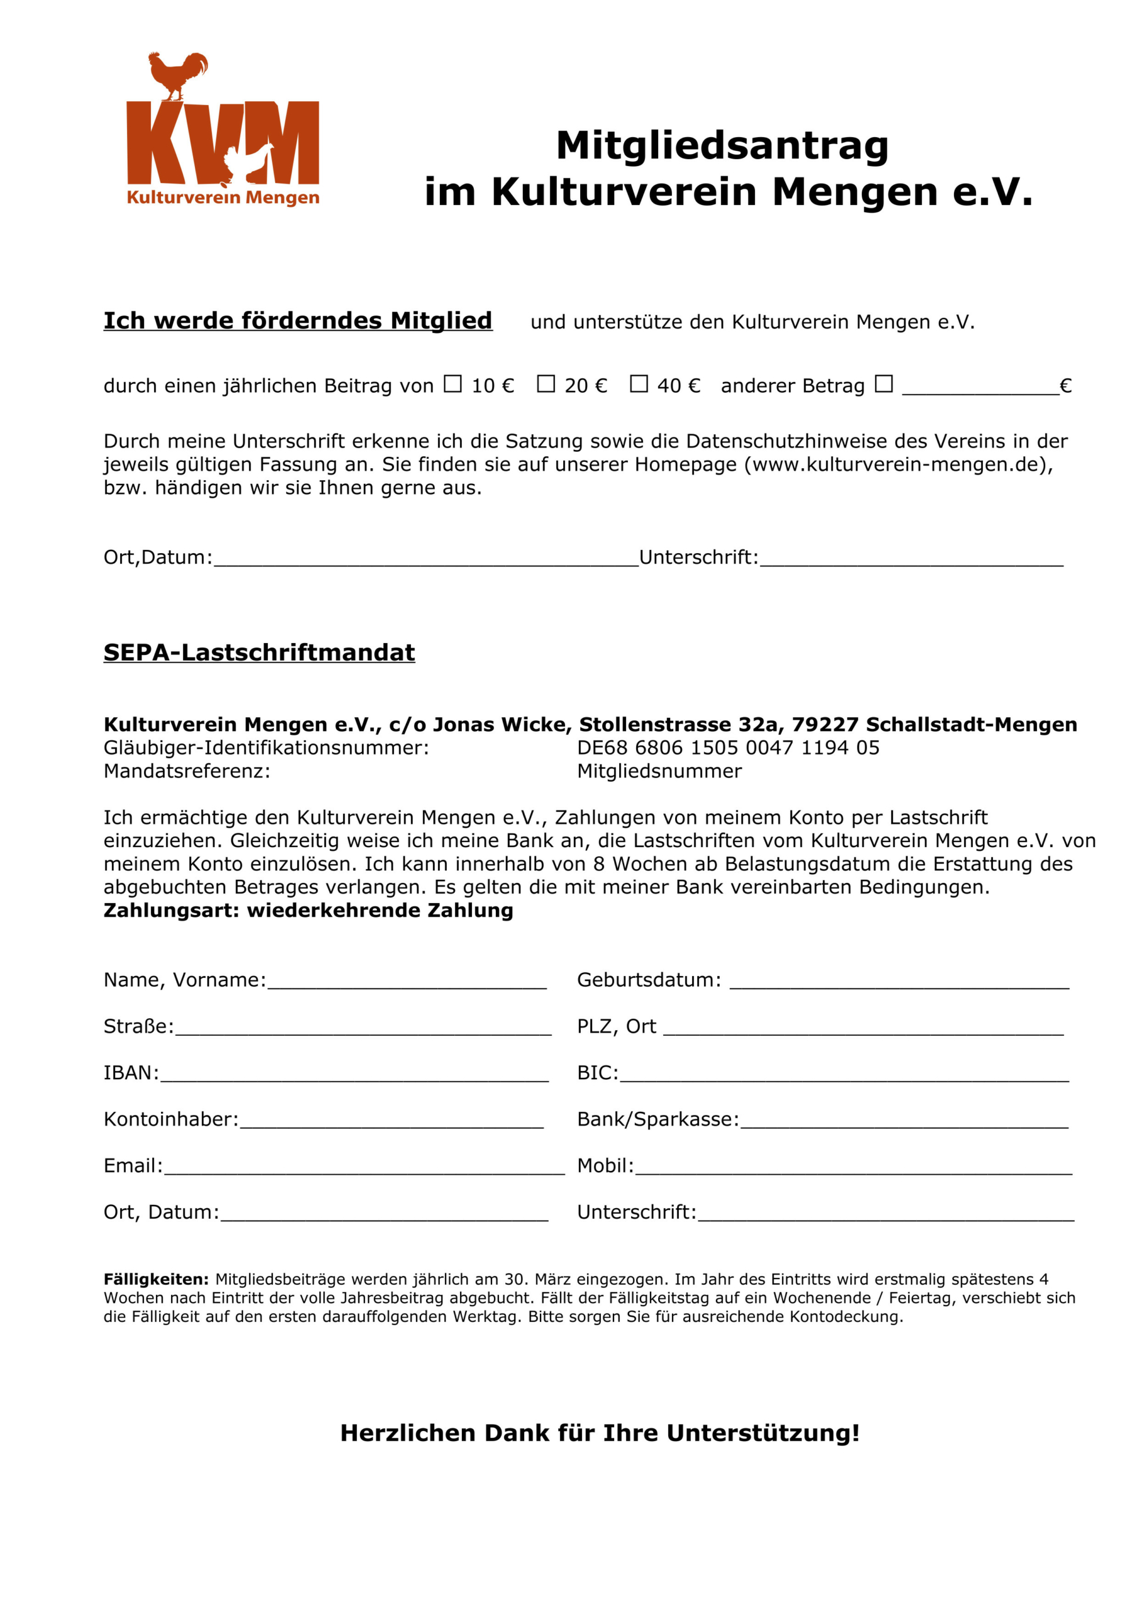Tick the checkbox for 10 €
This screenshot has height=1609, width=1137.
click(453, 383)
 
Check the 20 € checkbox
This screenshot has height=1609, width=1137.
click(546, 383)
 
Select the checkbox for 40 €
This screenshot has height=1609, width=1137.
click(639, 383)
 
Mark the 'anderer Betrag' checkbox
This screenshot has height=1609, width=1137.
click(883, 383)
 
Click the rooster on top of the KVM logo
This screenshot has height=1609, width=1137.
click(178, 74)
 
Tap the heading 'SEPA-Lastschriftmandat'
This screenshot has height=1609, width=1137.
click(259, 652)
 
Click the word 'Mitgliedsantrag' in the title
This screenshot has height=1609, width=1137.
click(722, 145)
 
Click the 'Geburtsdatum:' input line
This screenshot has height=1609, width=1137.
click(899, 982)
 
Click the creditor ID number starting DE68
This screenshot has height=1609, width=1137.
click(728, 748)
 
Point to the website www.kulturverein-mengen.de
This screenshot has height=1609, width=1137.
click(898, 464)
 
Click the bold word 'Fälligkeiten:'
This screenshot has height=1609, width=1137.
click(157, 1279)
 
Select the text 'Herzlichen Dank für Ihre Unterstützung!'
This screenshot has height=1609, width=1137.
click(600, 1433)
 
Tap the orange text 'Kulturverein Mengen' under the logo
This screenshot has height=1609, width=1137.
click(223, 197)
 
